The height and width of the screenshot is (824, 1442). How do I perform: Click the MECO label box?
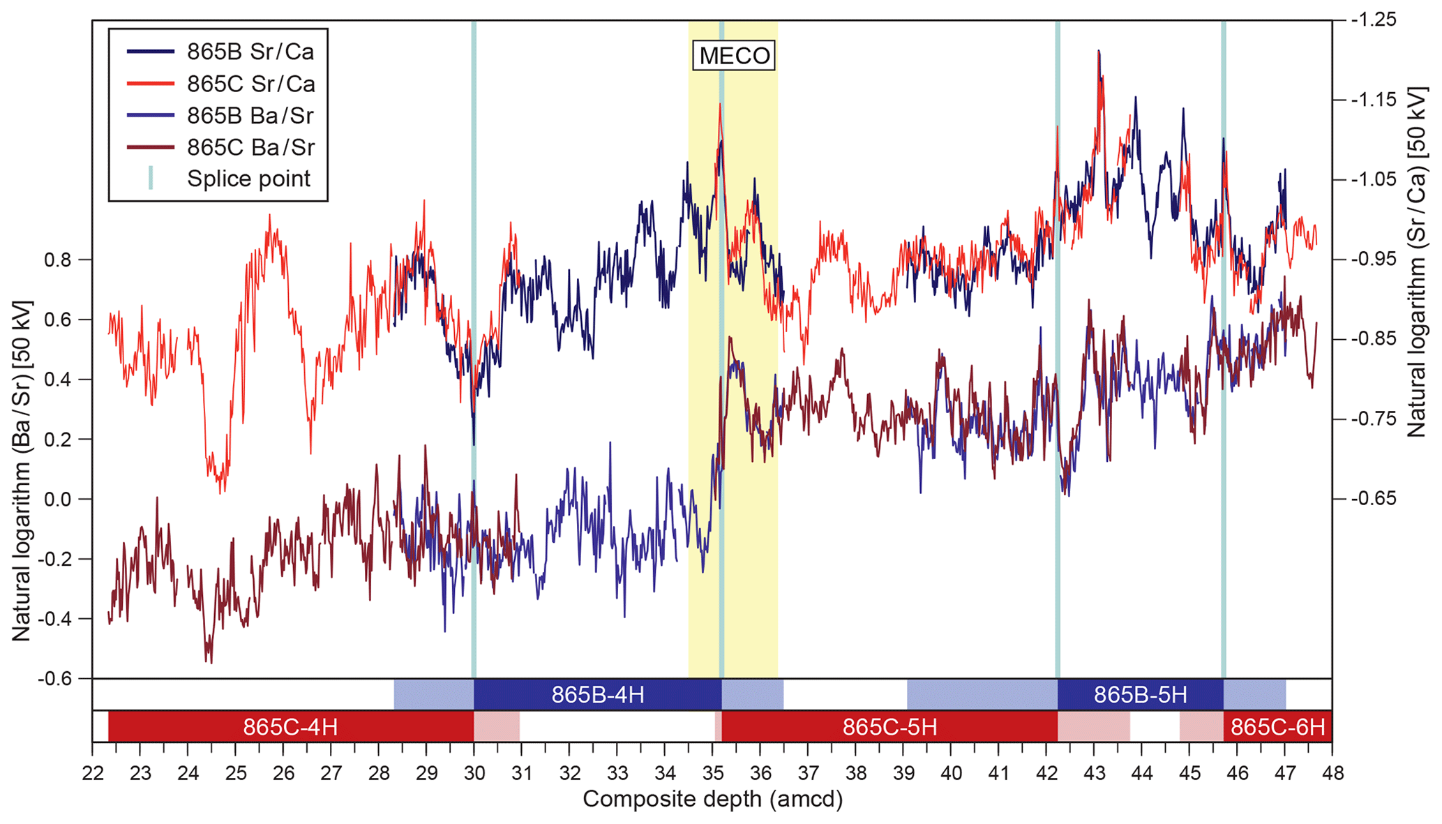click(734, 56)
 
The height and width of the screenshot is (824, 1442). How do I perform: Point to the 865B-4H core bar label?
click(598, 695)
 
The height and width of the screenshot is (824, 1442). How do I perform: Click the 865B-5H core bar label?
click(1140, 695)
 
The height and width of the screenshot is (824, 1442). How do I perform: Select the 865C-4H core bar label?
click(290, 727)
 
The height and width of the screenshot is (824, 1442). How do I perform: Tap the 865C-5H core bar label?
click(889, 727)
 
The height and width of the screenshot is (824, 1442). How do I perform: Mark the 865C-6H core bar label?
click(1277, 727)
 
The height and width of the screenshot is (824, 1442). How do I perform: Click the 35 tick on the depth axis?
click(712, 773)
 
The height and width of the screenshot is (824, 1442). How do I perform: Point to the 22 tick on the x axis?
click(93, 773)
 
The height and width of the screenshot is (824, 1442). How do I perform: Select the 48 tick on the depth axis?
click(1332, 773)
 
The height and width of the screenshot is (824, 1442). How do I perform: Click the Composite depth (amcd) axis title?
click(712, 800)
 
